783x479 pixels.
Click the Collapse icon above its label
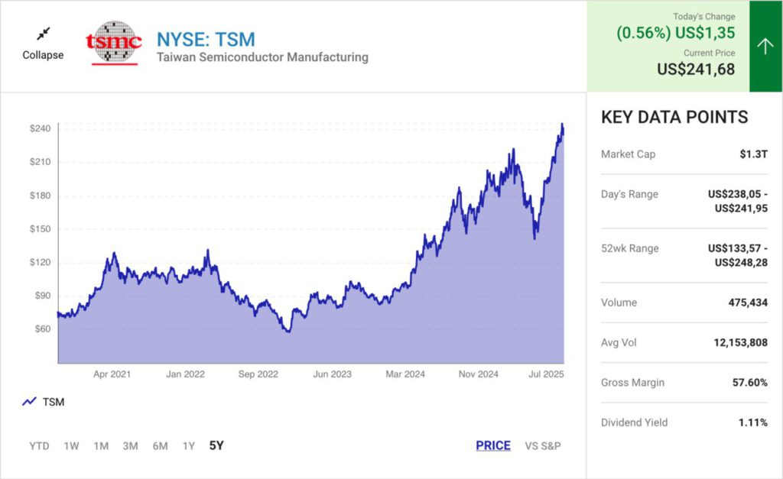click(x=43, y=34)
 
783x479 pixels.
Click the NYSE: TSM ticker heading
click(x=206, y=39)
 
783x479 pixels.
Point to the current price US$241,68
click(x=696, y=70)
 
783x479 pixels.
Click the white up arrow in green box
click(x=765, y=47)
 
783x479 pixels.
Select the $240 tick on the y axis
click(x=40, y=128)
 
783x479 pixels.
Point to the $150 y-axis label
click(x=40, y=229)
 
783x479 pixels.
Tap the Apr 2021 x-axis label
click(x=112, y=374)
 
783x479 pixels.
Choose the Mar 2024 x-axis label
click(x=405, y=374)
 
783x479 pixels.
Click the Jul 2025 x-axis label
click(x=544, y=374)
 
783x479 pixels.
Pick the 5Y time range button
click(x=216, y=445)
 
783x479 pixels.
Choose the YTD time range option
click(x=39, y=446)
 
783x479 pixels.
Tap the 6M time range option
click(x=160, y=446)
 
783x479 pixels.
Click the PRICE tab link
click(x=493, y=445)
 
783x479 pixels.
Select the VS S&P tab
click(x=543, y=445)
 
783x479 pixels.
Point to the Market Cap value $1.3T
click(x=753, y=154)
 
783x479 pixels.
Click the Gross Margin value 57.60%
click(x=749, y=383)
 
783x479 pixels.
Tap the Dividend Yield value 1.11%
click(x=752, y=422)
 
